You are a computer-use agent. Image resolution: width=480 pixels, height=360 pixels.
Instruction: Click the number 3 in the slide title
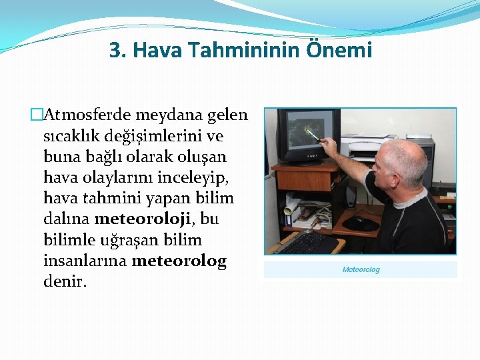(115, 50)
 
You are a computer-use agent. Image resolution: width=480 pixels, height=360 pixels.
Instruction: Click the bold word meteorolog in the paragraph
(179, 261)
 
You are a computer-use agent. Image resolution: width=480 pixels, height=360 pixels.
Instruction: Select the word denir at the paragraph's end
(64, 281)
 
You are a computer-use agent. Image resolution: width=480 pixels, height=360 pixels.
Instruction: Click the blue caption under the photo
(361, 269)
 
